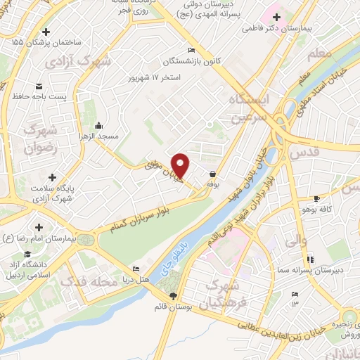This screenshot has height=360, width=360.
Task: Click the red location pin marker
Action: pyautogui.click(x=181, y=165)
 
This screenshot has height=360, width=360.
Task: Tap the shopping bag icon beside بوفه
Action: pyautogui.click(x=212, y=172)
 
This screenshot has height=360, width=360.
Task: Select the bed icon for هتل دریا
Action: pyautogui.click(x=136, y=269)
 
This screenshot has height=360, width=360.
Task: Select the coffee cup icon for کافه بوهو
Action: pyautogui.click(x=316, y=198)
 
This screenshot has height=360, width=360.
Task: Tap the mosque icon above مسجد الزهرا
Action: pyautogui.click(x=98, y=124)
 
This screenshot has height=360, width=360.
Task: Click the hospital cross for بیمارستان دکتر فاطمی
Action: pyautogui.click(x=277, y=18)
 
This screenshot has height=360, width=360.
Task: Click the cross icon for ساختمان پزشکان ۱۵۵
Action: pyautogui.click(x=46, y=32)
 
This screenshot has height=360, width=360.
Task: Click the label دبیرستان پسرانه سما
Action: pyautogui.click(x=323, y=269)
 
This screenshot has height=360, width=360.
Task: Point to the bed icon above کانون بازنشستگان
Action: pyautogui.click(x=191, y=49)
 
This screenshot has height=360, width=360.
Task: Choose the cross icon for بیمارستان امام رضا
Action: pyautogui.click(x=38, y=227)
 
